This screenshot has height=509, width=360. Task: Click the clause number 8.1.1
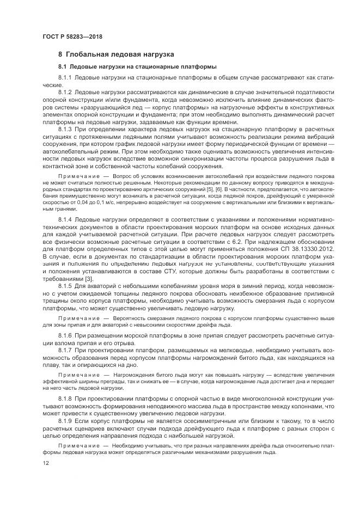pos(65,78)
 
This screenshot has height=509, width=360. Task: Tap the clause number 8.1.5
pos(65,285)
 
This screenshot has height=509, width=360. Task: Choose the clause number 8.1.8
pos(65,400)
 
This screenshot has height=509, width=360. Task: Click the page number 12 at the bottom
pos(46,463)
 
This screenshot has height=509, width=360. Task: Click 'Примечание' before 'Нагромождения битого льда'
pos(80,376)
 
